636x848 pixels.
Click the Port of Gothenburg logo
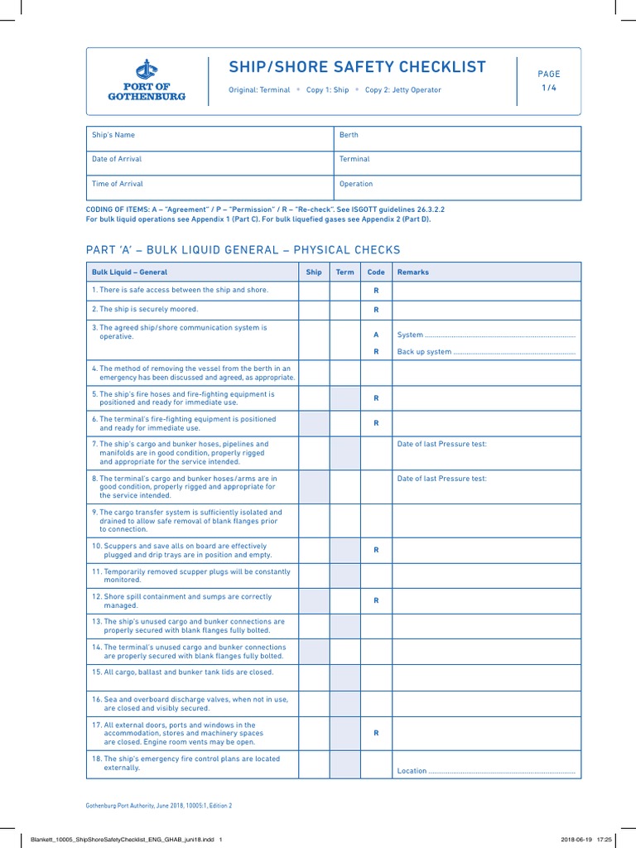pyautogui.click(x=146, y=81)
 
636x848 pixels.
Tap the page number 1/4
pyautogui.click(x=549, y=88)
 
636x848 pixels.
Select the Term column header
pyautogui.click(x=344, y=272)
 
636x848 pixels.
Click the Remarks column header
pyautogui.click(x=413, y=272)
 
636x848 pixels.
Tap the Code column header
pyautogui.click(x=376, y=272)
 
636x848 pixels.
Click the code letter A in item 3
pyautogui.click(x=376, y=335)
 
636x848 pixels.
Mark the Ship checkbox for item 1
pyautogui.click(x=314, y=291)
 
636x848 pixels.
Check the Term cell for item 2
pyautogui.click(x=344, y=310)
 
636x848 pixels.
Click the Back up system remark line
pyautogui.click(x=486, y=352)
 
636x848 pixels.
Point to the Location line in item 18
pyautogui.click(x=486, y=771)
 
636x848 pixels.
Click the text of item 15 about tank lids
pyautogui.click(x=182, y=672)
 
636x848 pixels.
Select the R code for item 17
pyautogui.click(x=376, y=733)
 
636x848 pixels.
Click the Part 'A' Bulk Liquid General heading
pyautogui.click(x=243, y=250)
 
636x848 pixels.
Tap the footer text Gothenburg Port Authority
pyautogui.click(x=159, y=805)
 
